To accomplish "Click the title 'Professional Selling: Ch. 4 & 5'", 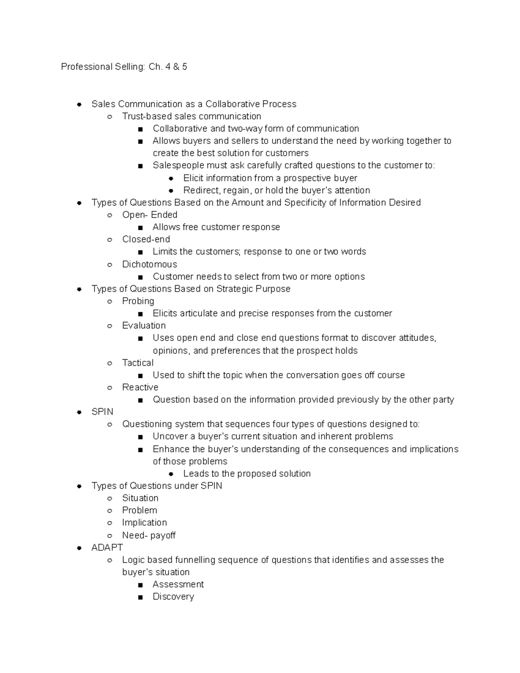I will pos(124,67).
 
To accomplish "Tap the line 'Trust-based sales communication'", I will pos(192,116).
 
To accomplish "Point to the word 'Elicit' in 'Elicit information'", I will pos(193,178).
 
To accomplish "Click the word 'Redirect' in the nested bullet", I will pos(201,190).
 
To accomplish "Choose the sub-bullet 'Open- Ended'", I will pos(149,215).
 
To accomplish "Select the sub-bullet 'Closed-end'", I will pos(146,239).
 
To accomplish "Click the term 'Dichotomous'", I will pos(149,264).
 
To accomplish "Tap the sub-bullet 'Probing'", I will pos(138,301).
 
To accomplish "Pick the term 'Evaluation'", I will pos(144,325).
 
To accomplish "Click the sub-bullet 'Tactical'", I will pos(138,363).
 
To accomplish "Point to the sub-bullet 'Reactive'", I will pos(140,387).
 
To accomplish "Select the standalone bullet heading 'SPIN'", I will pos(102,412).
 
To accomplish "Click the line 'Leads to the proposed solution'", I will pos(247,474).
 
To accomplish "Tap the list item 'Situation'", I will pos(140,498).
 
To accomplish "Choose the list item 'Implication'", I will pos(144,523).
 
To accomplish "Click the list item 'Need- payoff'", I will pos(149,535).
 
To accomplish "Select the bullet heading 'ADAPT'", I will pos(107,547).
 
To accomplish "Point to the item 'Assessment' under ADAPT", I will pos(178,584).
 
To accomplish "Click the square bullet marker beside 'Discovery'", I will pos(140,597).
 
